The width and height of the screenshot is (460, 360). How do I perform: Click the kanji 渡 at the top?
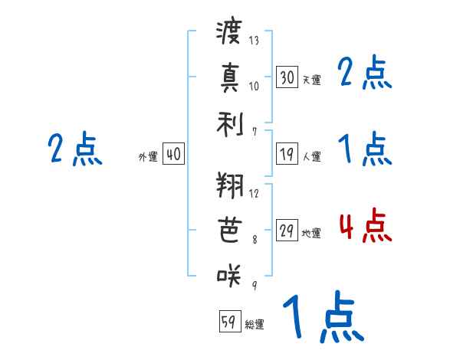tap(229, 33)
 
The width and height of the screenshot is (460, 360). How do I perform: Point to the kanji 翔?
tap(229, 187)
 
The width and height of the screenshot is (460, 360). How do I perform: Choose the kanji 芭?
tap(229, 231)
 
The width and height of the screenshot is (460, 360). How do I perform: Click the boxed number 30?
tap(287, 77)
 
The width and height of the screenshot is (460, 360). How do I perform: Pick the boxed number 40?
tap(173, 155)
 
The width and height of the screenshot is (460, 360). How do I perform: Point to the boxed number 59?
tap(228, 322)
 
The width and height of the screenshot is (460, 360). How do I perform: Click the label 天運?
tap(311, 80)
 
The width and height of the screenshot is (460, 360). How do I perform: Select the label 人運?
tap(311, 157)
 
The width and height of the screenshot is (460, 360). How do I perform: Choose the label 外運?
tap(148, 157)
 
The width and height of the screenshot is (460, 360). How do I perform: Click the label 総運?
tap(255, 325)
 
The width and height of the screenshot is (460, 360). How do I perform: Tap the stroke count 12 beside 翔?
tap(255, 193)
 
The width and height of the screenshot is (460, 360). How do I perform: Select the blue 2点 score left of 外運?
tap(75, 149)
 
